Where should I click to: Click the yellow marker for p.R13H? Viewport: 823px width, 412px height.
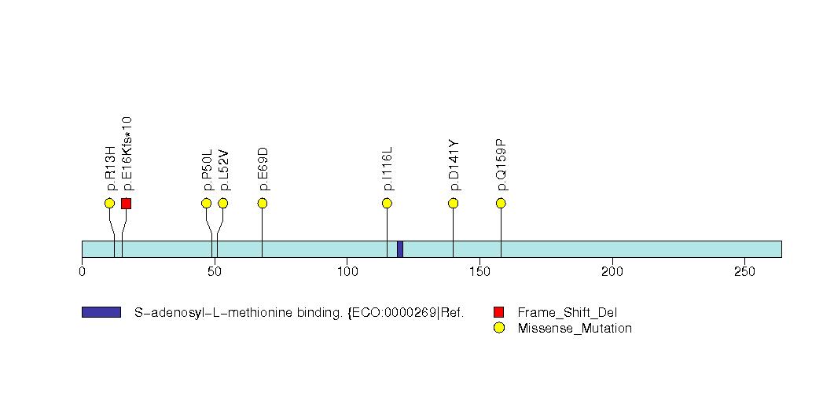pyautogui.click(x=109, y=203)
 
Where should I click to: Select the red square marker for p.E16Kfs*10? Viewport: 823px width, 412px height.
pyautogui.click(x=126, y=203)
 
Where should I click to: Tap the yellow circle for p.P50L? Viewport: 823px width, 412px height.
pyautogui.click(x=206, y=203)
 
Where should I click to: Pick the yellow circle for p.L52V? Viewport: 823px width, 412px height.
pyautogui.click(x=222, y=203)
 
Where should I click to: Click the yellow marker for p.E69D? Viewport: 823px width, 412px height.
pyautogui.click(x=263, y=203)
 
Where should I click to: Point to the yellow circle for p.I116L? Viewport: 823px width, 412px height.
pyautogui.click(x=387, y=203)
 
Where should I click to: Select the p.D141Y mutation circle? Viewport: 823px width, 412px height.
pyautogui.click(x=453, y=203)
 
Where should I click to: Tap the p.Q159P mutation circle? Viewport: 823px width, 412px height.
pyautogui.click(x=501, y=203)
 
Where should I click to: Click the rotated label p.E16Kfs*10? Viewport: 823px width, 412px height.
pyautogui.click(x=127, y=153)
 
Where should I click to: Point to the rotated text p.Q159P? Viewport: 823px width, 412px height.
pyautogui.click(x=502, y=165)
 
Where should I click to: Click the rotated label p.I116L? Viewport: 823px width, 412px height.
pyautogui.click(x=388, y=168)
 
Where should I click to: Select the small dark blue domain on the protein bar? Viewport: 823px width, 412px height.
pyautogui.click(x=400, y=248)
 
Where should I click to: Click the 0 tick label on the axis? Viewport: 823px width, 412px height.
pyautogui.click(x=82, y=271)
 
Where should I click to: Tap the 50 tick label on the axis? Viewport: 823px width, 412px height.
pyautogui.click(x=215, y=271)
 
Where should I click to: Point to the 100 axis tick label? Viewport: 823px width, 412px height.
pyautogui.click(x=347, y=271)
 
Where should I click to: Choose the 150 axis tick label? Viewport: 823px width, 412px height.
pyautogui.click(x=479, y=271)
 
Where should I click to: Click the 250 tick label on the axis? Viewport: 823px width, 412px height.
pyautogui.click(x=744, y=271)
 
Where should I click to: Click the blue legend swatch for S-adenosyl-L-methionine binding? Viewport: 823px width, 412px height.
pyautogui.click(x=101, y=312)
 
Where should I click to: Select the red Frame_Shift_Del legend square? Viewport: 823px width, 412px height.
pyautogui.click(x=498, y=312)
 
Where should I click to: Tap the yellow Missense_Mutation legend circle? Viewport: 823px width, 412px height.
pyautogui.click(x=498, y=328)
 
